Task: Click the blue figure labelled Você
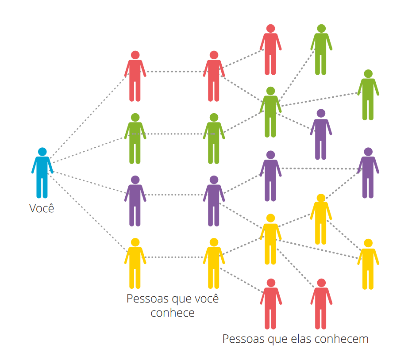pos(42,173)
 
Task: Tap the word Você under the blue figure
pos(42,208)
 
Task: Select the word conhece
pos(173,313)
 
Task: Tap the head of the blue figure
pos(42,152)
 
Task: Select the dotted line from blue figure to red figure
pos(89,115)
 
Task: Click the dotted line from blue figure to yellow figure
pos(88,212)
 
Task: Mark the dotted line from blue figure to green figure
pos(89,150)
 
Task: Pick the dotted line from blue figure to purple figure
pos(89,182)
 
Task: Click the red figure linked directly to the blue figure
pos(135,76)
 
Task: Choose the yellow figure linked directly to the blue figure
pos(135,263)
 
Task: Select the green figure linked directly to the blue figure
pos(135,138)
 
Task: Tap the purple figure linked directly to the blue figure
pos(135,201)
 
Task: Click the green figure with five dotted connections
pos(270,112)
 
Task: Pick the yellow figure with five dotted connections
pos(270,239)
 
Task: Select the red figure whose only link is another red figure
pos(270,50)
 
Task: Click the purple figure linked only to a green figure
pos(321,134)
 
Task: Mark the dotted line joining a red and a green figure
pos(242,89)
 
